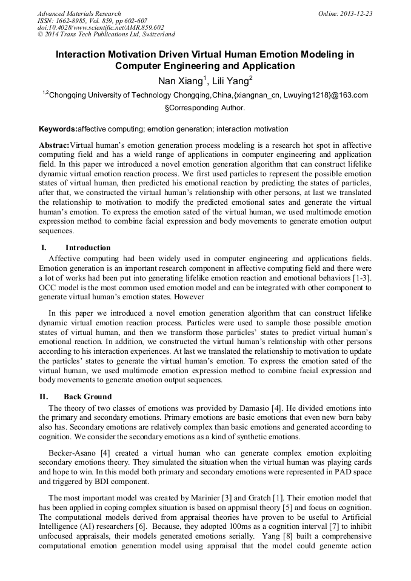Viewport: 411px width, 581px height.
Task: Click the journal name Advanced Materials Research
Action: [79, 13]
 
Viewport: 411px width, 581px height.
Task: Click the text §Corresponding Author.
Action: [205, 108]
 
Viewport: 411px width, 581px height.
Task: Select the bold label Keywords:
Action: [58, 129]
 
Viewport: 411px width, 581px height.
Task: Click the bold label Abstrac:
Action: [54, 146]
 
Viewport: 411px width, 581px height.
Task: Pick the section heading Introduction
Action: [88, 247]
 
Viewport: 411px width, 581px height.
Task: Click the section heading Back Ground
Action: [87, 397]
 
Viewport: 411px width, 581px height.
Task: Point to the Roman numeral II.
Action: [44, 397]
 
